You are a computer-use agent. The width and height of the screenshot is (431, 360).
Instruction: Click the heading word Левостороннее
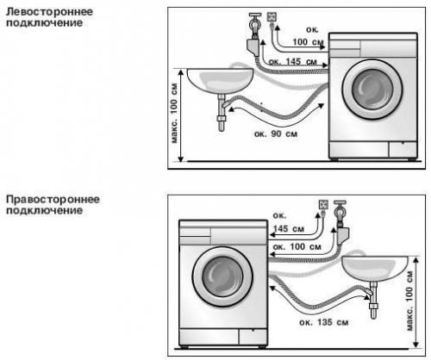[49, 12]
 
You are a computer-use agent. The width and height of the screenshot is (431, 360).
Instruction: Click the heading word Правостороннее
[53, 200]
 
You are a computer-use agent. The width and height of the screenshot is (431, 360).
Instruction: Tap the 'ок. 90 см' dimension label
[276, 133]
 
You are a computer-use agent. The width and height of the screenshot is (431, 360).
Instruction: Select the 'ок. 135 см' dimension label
[324, 322]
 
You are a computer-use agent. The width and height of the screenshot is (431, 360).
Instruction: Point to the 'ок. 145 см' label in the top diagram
[293, 62]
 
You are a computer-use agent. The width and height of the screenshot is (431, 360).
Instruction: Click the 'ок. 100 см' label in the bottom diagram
[297, 246]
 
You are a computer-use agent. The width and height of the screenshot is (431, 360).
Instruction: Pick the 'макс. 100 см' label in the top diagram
[174, 113]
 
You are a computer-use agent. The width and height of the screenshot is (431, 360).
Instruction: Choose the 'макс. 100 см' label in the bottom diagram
[409, 301]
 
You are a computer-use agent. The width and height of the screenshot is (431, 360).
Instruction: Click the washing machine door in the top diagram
[372, 90]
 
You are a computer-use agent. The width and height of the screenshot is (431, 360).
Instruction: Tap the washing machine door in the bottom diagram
[222, 276]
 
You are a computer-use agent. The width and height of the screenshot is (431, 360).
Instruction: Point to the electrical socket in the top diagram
[272, 16]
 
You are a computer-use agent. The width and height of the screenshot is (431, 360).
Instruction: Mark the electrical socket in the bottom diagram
[323, 204]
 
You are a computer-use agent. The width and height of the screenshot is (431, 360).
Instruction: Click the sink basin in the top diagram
[221, 81]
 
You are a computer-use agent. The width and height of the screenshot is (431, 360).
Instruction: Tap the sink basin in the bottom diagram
[375, 269]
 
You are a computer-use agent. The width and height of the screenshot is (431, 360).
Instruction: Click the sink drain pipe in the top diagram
[222, 113]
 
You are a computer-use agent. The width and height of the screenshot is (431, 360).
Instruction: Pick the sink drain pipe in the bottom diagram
[373, 301]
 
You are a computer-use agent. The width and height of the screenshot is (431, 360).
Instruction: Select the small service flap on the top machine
[403, 149]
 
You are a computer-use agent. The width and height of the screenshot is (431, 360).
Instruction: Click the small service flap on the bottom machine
[253, 337]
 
